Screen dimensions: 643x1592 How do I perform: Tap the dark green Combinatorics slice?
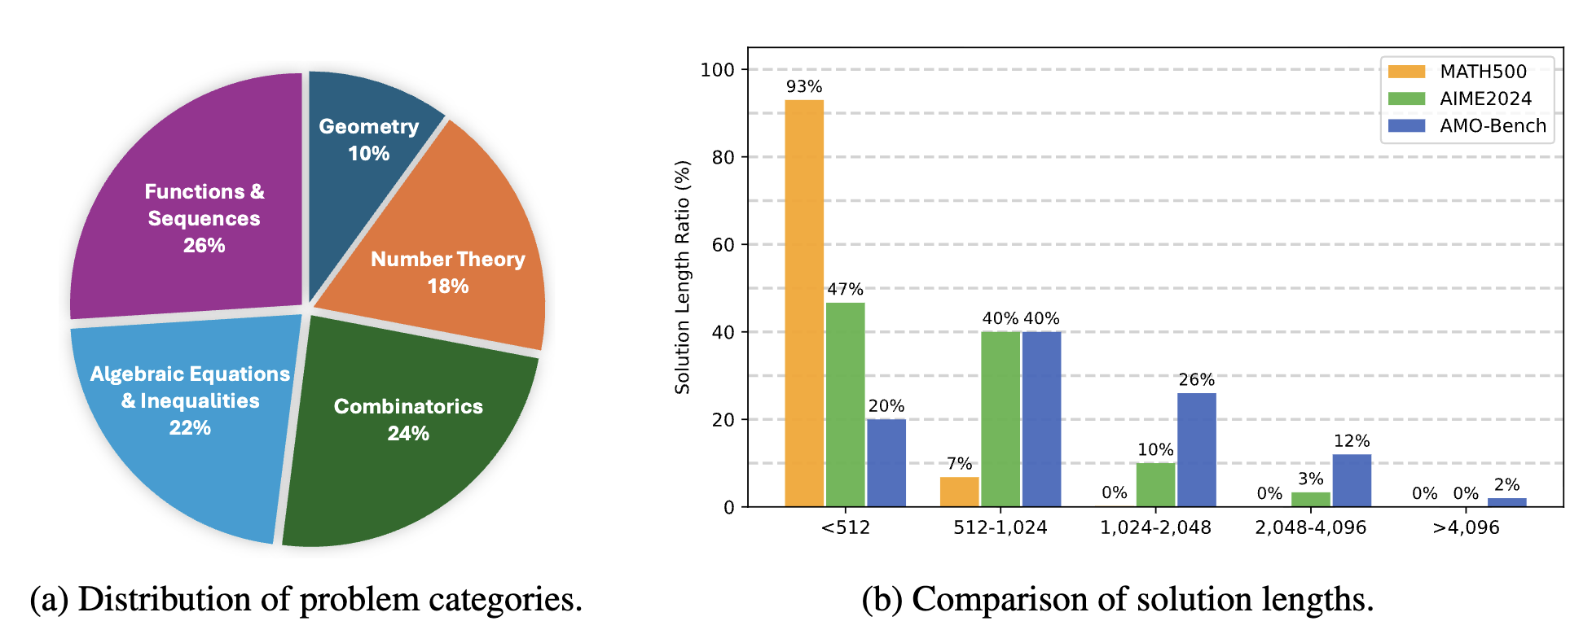[x=407, y=440]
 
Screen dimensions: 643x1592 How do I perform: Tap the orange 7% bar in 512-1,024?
[x=959, y=492]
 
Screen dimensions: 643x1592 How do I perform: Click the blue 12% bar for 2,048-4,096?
[x=1352, y=480]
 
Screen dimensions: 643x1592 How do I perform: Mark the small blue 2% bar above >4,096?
[x=1506, y=502]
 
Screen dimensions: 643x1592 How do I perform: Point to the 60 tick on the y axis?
[x=723, y=244]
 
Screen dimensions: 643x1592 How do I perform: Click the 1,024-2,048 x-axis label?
[x=1155, y=527]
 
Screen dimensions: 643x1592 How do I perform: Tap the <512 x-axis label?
[x=845, y=527]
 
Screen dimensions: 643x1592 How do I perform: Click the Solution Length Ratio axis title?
[x=683, y=277]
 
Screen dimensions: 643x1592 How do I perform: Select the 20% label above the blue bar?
[x=886, y=406]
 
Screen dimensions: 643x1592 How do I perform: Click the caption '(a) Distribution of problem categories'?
[x=306, y=600]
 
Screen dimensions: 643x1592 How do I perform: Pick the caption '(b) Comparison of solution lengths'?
[x=1118, y=600]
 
